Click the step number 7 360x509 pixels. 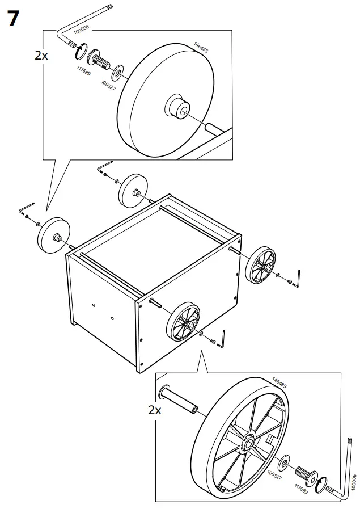14,19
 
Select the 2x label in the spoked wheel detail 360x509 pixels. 155,410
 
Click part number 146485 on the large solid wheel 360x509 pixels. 201,47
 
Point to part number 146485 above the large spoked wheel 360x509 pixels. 279,382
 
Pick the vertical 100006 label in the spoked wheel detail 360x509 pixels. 354,483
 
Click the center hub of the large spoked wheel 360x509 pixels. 250,442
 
